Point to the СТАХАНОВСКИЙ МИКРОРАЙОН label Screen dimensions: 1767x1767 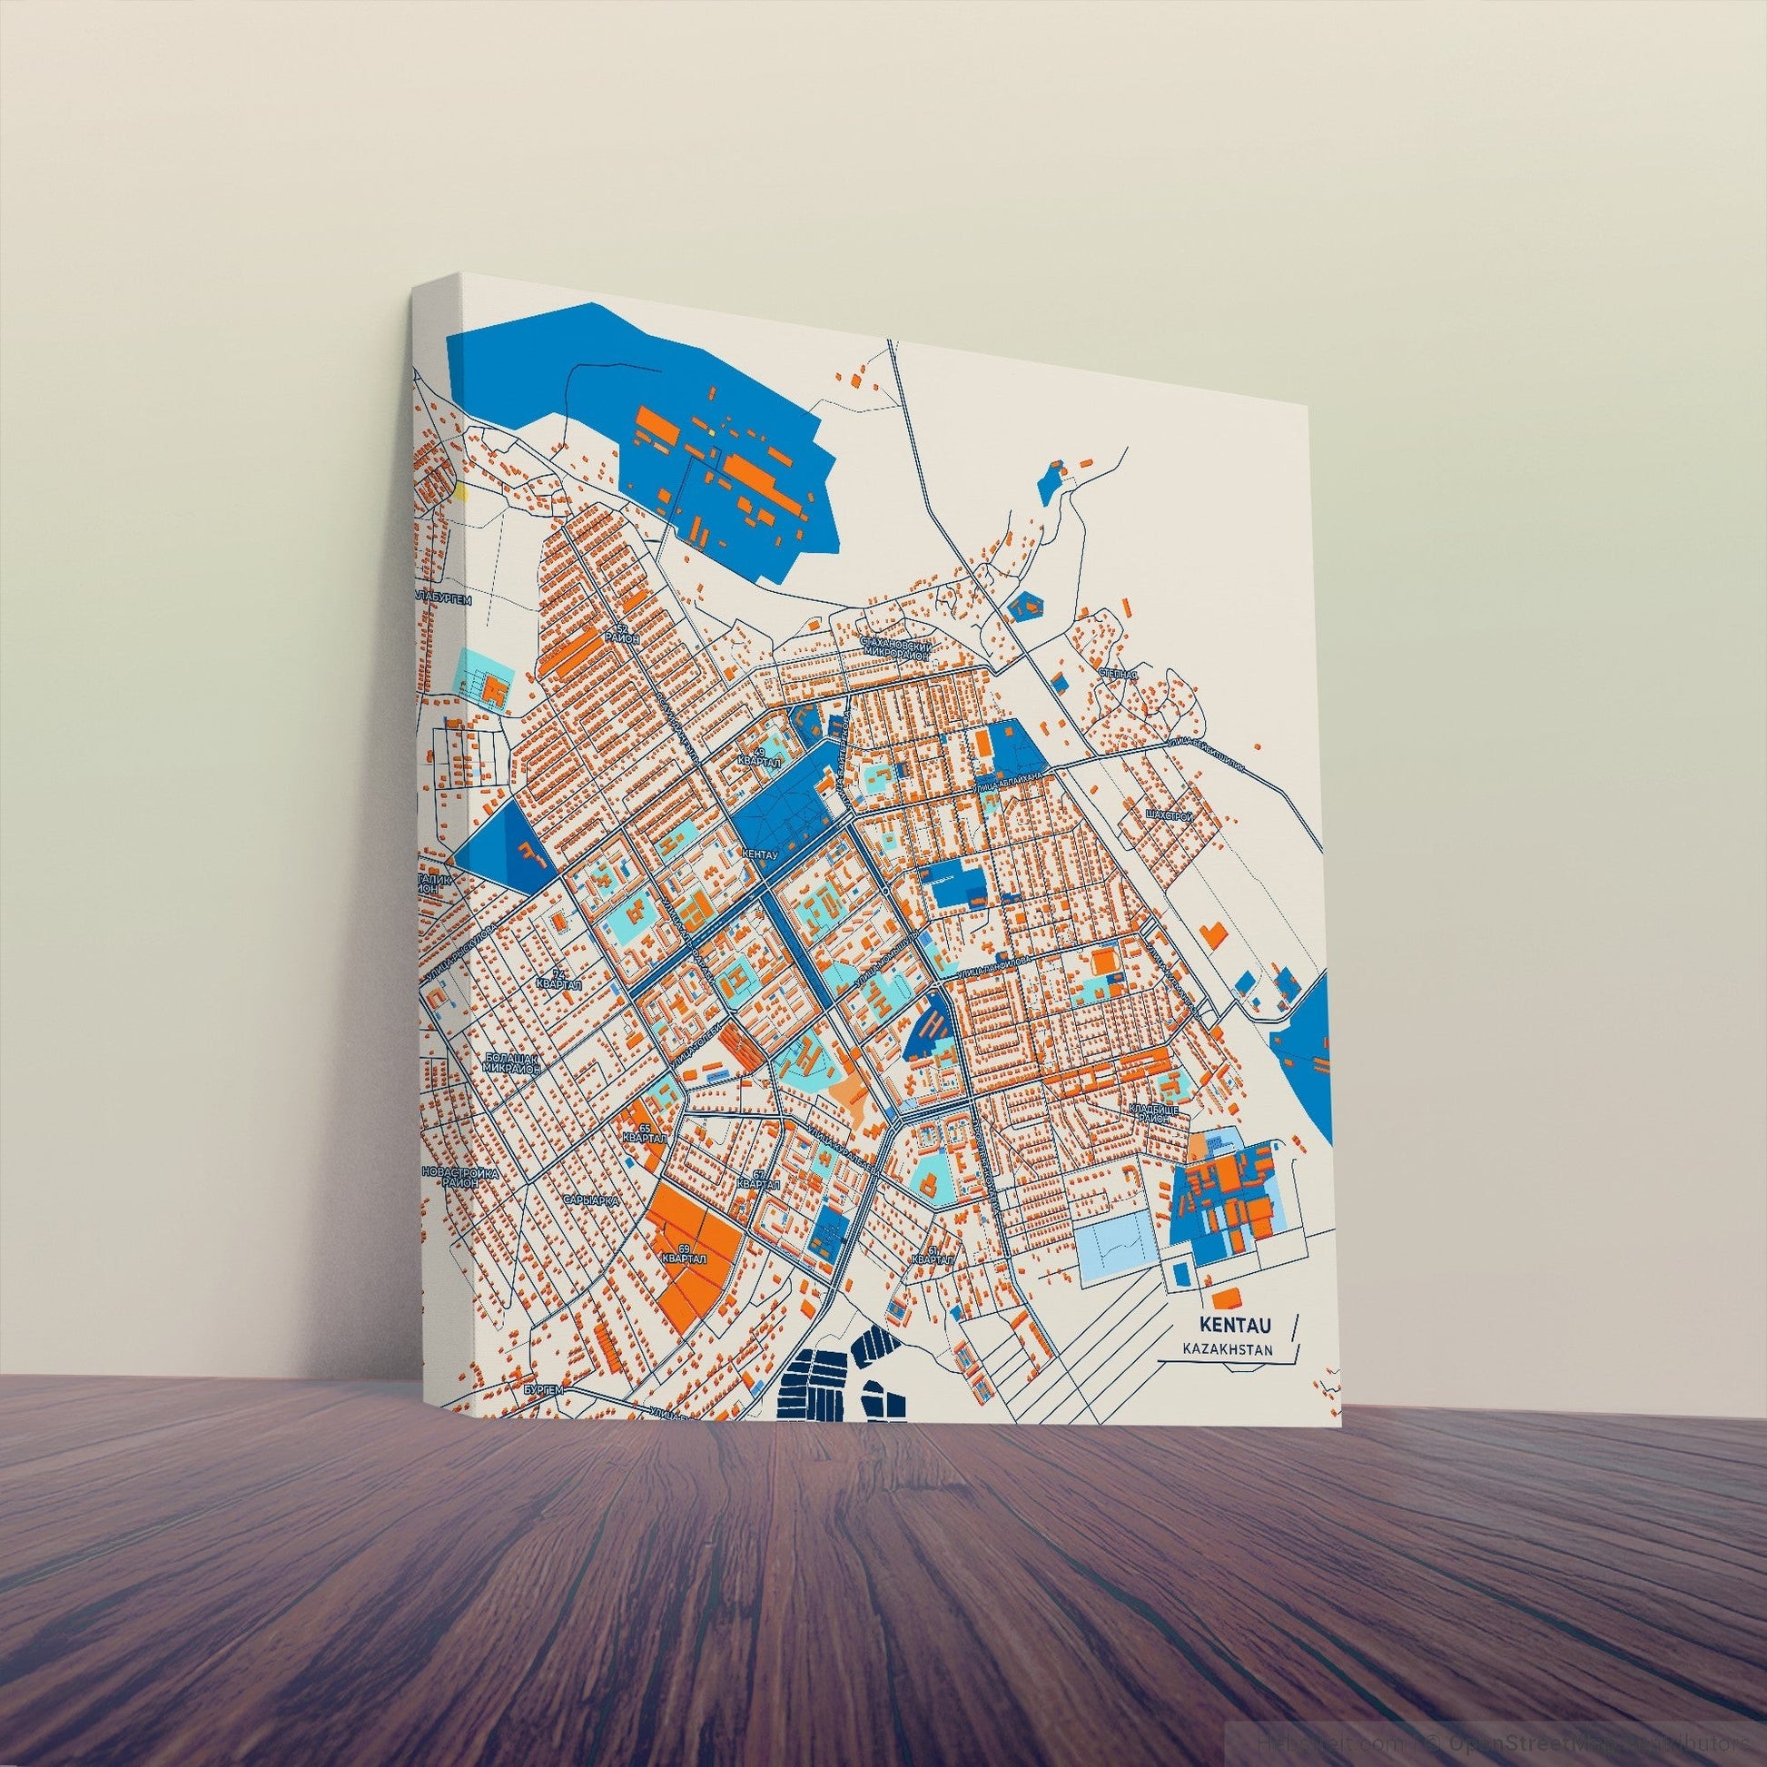(896, 649)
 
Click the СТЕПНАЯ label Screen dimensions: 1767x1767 (1118, 675)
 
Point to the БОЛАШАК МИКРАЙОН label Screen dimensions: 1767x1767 (515, 1063)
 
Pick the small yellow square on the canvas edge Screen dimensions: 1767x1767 (461, 493)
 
